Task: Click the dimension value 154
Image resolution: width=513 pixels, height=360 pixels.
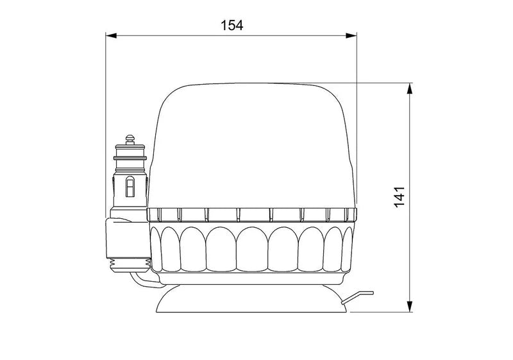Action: tap(231, 25)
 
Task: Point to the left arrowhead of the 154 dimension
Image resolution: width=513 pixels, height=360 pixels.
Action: tap(110, 37)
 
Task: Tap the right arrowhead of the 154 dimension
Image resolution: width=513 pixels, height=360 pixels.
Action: tap(353, 37)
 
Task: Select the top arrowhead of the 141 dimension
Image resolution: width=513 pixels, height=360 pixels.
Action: tap(409, 87)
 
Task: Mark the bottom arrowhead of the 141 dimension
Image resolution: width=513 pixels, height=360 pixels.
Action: tap(409, 307)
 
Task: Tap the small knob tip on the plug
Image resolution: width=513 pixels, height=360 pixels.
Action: tap(131, 138)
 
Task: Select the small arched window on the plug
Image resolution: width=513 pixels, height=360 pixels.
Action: tap(130, 187)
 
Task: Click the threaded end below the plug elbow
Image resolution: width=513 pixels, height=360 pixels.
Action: tap(131, 262)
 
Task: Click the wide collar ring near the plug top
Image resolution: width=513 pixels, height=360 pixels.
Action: tap(130, 156)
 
